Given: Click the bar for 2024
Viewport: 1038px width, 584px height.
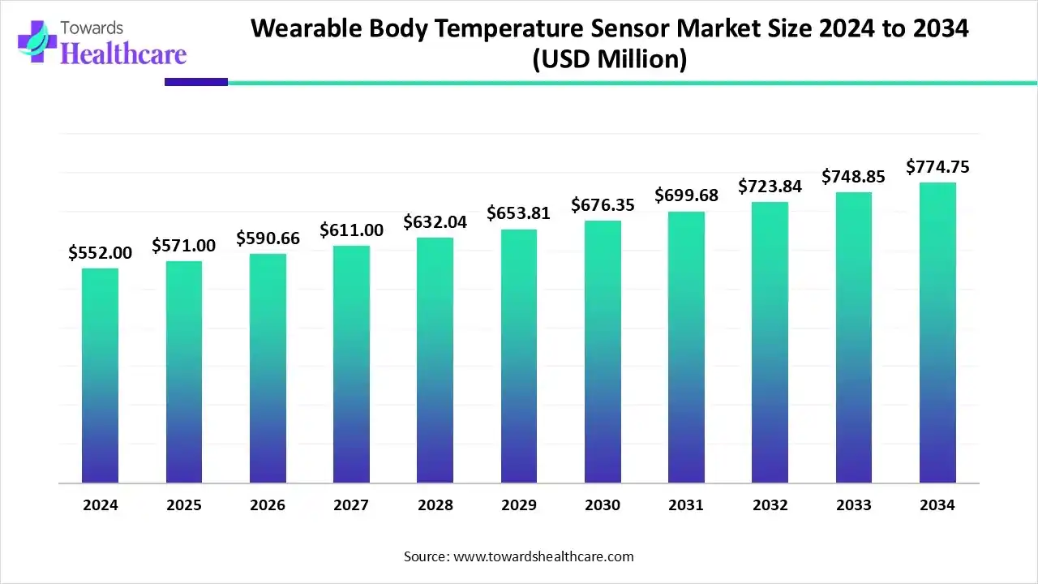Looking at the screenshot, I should tap(100, 375).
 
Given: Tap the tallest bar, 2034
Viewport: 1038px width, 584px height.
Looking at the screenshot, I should tap(937, 333).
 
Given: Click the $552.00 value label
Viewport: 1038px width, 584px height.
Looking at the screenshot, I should tap(100, 253).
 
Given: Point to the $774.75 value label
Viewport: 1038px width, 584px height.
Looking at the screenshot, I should tap(937, 167).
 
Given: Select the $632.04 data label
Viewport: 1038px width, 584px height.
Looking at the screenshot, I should tap(435, 222).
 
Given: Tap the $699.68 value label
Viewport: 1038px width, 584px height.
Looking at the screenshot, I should tap(686, 196).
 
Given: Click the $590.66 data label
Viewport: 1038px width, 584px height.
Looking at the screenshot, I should tap(268, 238).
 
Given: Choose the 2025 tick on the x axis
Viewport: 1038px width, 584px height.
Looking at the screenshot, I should tap(184, 505).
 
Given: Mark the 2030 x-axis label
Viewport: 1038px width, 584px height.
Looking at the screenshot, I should tap(603, 505).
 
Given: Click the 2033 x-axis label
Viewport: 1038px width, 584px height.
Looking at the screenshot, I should tap(854, 505).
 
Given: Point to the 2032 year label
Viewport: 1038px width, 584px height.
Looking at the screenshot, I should tap(770, 505).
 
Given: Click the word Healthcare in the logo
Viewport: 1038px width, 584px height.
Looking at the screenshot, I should tap(123, 54).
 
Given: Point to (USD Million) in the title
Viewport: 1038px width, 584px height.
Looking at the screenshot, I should tap(609, 59).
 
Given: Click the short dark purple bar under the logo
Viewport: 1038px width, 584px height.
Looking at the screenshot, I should tap(196, 82).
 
